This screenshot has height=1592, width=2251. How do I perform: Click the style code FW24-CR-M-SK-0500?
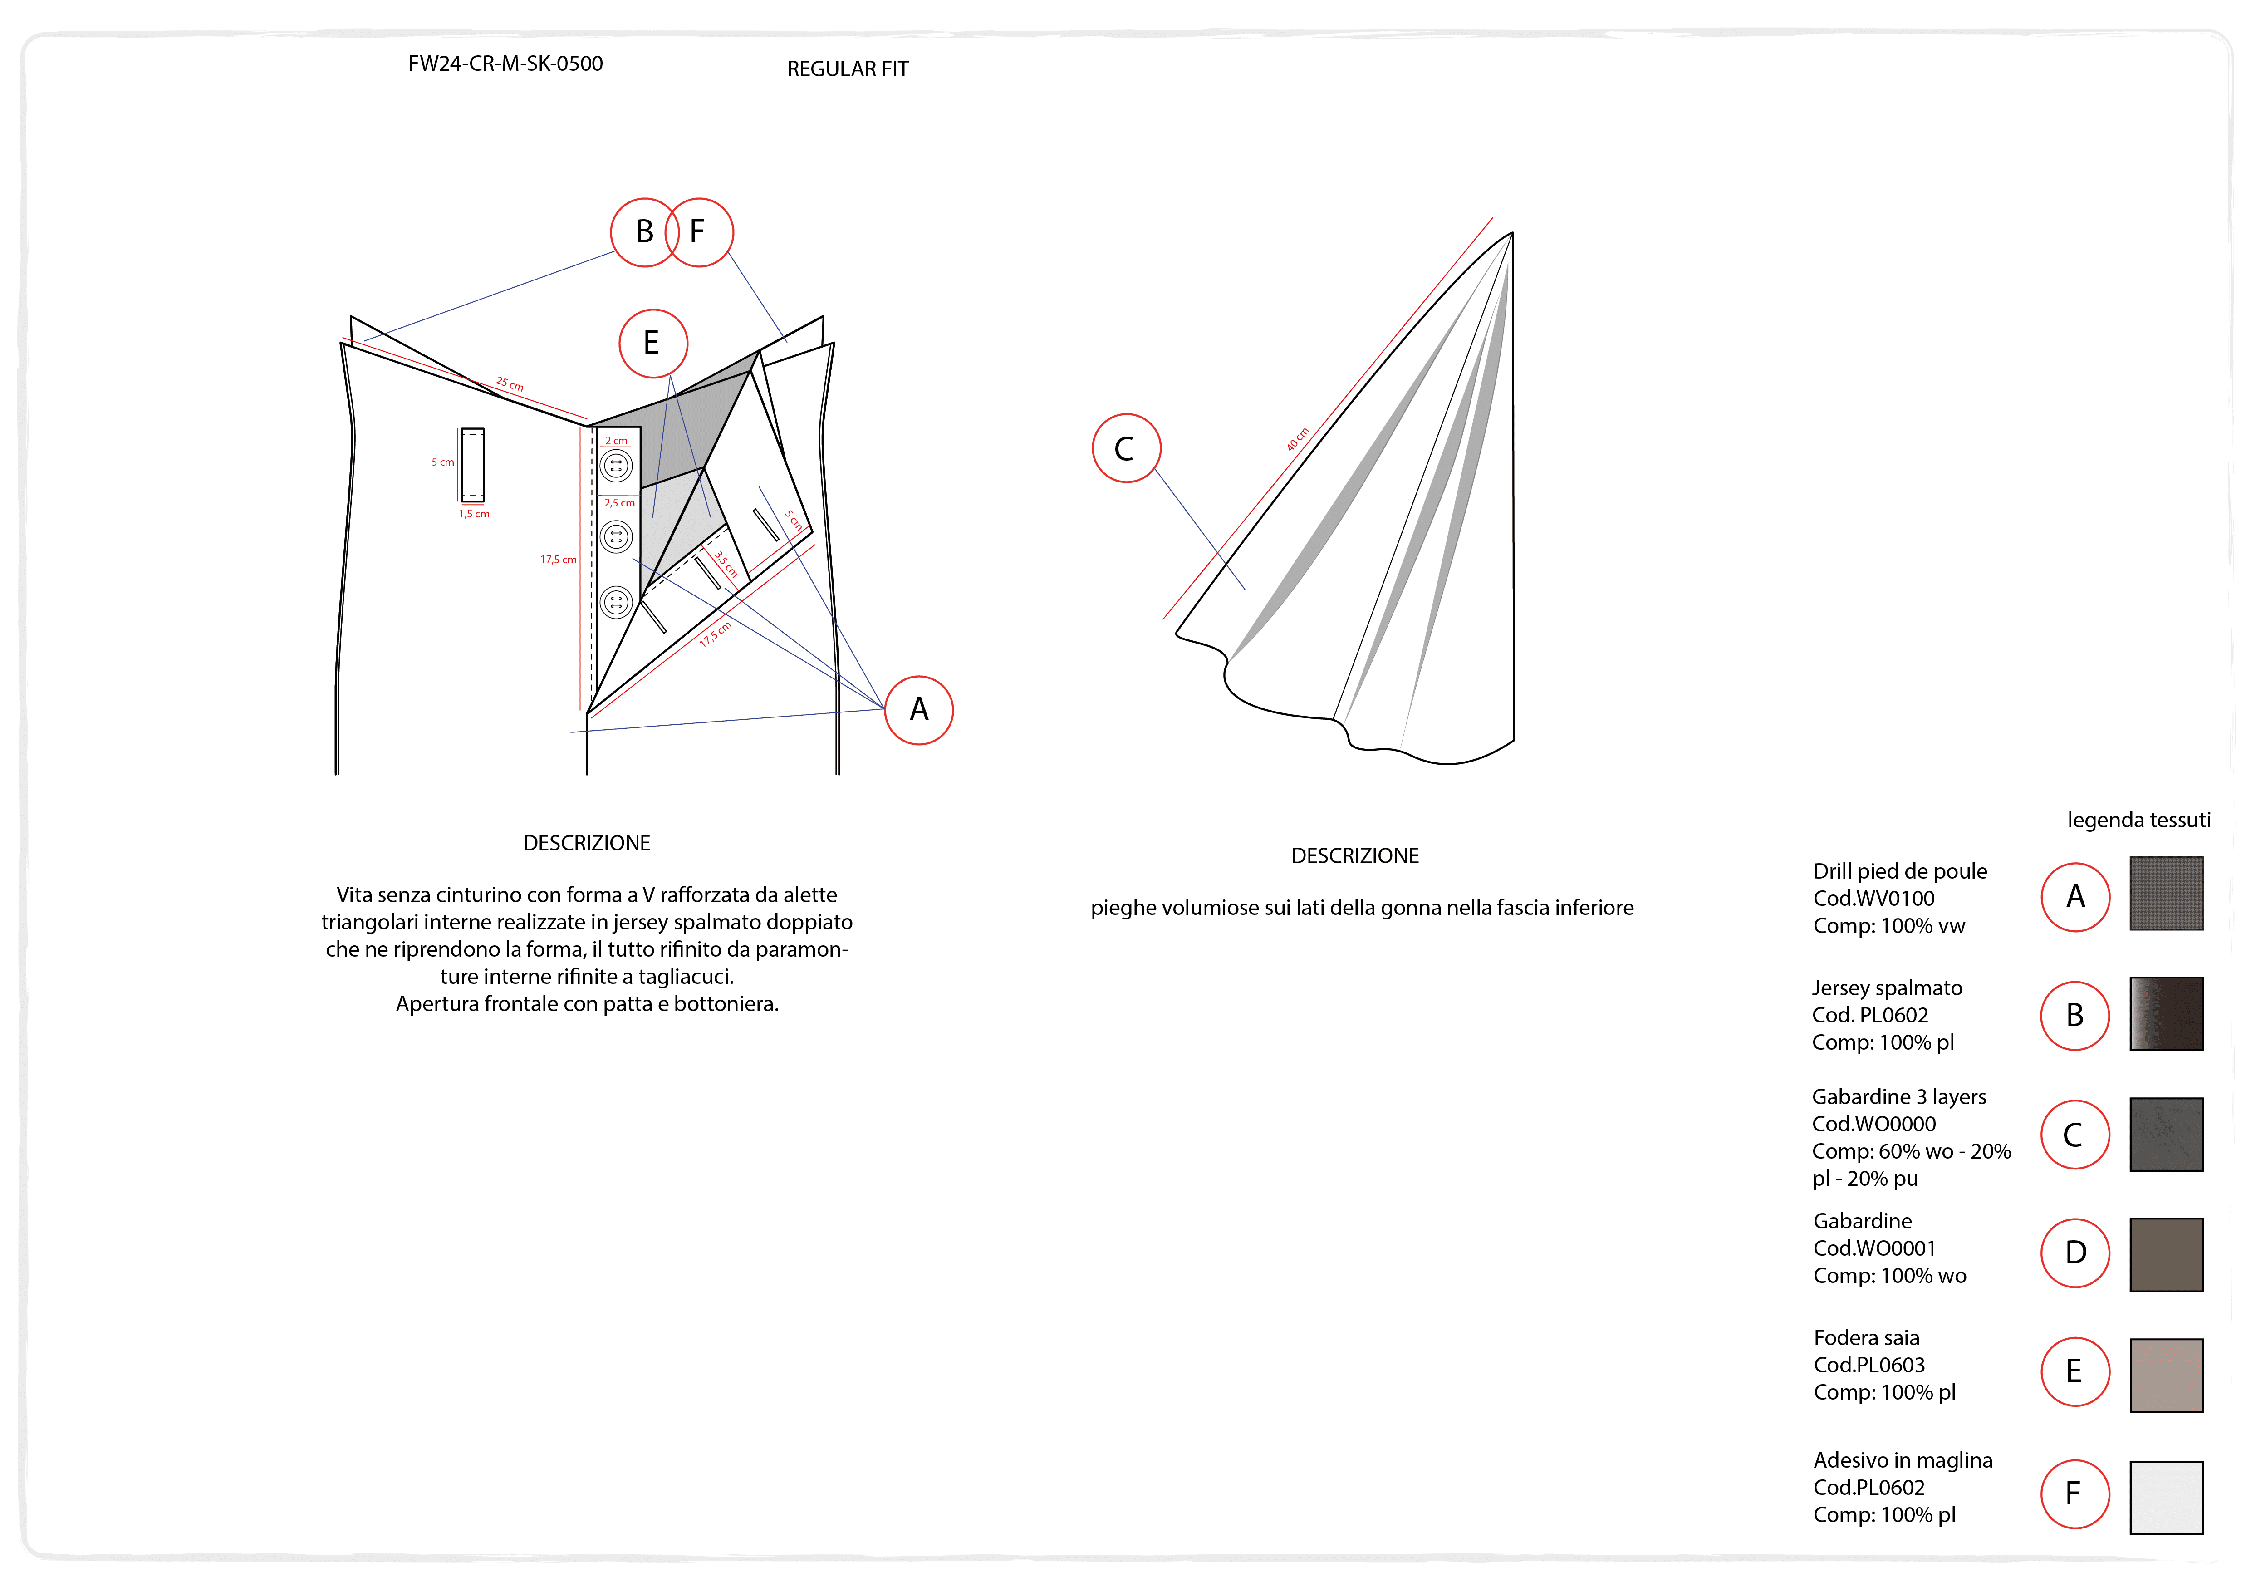tap(505, 64)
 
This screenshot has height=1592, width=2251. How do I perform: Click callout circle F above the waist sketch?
tap(699, 232)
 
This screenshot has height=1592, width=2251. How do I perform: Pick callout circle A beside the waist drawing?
tap(919, 710)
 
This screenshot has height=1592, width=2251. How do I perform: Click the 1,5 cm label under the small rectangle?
tap(475, 514)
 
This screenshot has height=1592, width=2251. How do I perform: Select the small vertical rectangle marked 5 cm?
tap(472, 465)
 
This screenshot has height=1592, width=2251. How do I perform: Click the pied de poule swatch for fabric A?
tap(2166, 894)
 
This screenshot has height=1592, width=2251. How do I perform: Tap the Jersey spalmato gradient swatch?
tap(2166, 1014)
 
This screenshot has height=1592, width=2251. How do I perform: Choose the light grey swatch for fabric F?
tap(2166, 1497)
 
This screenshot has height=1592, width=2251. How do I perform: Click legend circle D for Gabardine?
tap(2074, 1253)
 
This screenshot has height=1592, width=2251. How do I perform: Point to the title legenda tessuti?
tap(2138, 820)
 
